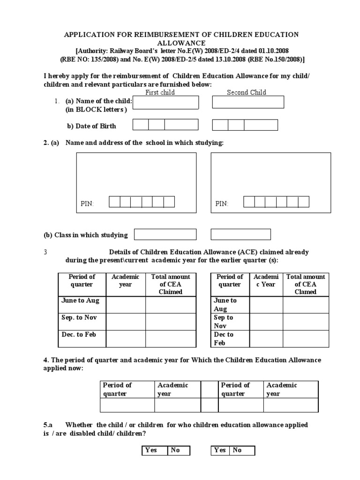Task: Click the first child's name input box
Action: tap(165, 102)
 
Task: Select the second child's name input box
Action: tap(248, 102)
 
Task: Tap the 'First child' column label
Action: tap(160, 92)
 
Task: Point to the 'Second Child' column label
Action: tap(247, 92)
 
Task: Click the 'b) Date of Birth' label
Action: tap(91, 126)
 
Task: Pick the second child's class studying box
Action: tap(240, 234)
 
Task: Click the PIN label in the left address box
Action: tap(87, 203)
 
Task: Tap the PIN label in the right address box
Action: tap(222, 203)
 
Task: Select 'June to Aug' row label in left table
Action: tap(80, 301)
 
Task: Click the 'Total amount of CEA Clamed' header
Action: tap(305, 284)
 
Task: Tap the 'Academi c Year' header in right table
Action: tap(266, 280)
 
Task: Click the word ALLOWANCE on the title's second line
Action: tap(181, 43)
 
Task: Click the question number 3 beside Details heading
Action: tap(45, 252)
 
